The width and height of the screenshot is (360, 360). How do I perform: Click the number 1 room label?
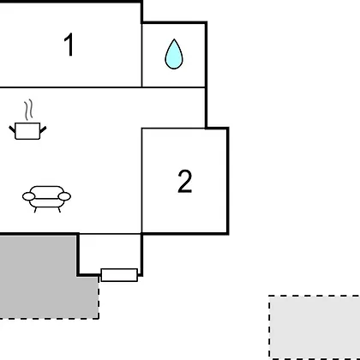click(69, 45)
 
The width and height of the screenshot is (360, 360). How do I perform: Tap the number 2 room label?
click(185, 182)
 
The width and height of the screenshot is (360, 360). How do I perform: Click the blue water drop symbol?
click(174, 54)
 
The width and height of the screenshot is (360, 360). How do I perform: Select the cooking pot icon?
click(27, 120)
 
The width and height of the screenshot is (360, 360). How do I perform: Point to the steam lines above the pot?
click(28, 110)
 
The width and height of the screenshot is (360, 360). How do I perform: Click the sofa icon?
click(46, 199)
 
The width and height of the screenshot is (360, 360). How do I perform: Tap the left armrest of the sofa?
click(28, 196)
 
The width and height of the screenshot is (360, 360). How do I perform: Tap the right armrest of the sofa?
click(64, 196)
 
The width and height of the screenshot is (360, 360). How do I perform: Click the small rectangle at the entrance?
click(119, 275)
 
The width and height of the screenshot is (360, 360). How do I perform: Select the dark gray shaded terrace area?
click(43, 277)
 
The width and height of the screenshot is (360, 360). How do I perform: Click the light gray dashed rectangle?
click(315, 327)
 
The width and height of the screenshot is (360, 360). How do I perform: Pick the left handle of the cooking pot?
click(12, 129)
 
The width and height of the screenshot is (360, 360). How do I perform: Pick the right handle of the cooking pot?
click(43, 129)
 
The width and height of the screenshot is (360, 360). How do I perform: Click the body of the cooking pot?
click(27, 131)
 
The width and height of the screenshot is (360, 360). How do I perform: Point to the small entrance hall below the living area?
click(110, 251)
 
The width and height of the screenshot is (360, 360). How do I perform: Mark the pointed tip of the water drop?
click(174, 39)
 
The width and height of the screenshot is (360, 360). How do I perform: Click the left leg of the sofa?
click(35, 210)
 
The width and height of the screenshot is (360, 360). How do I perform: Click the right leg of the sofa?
click(59, 210)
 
